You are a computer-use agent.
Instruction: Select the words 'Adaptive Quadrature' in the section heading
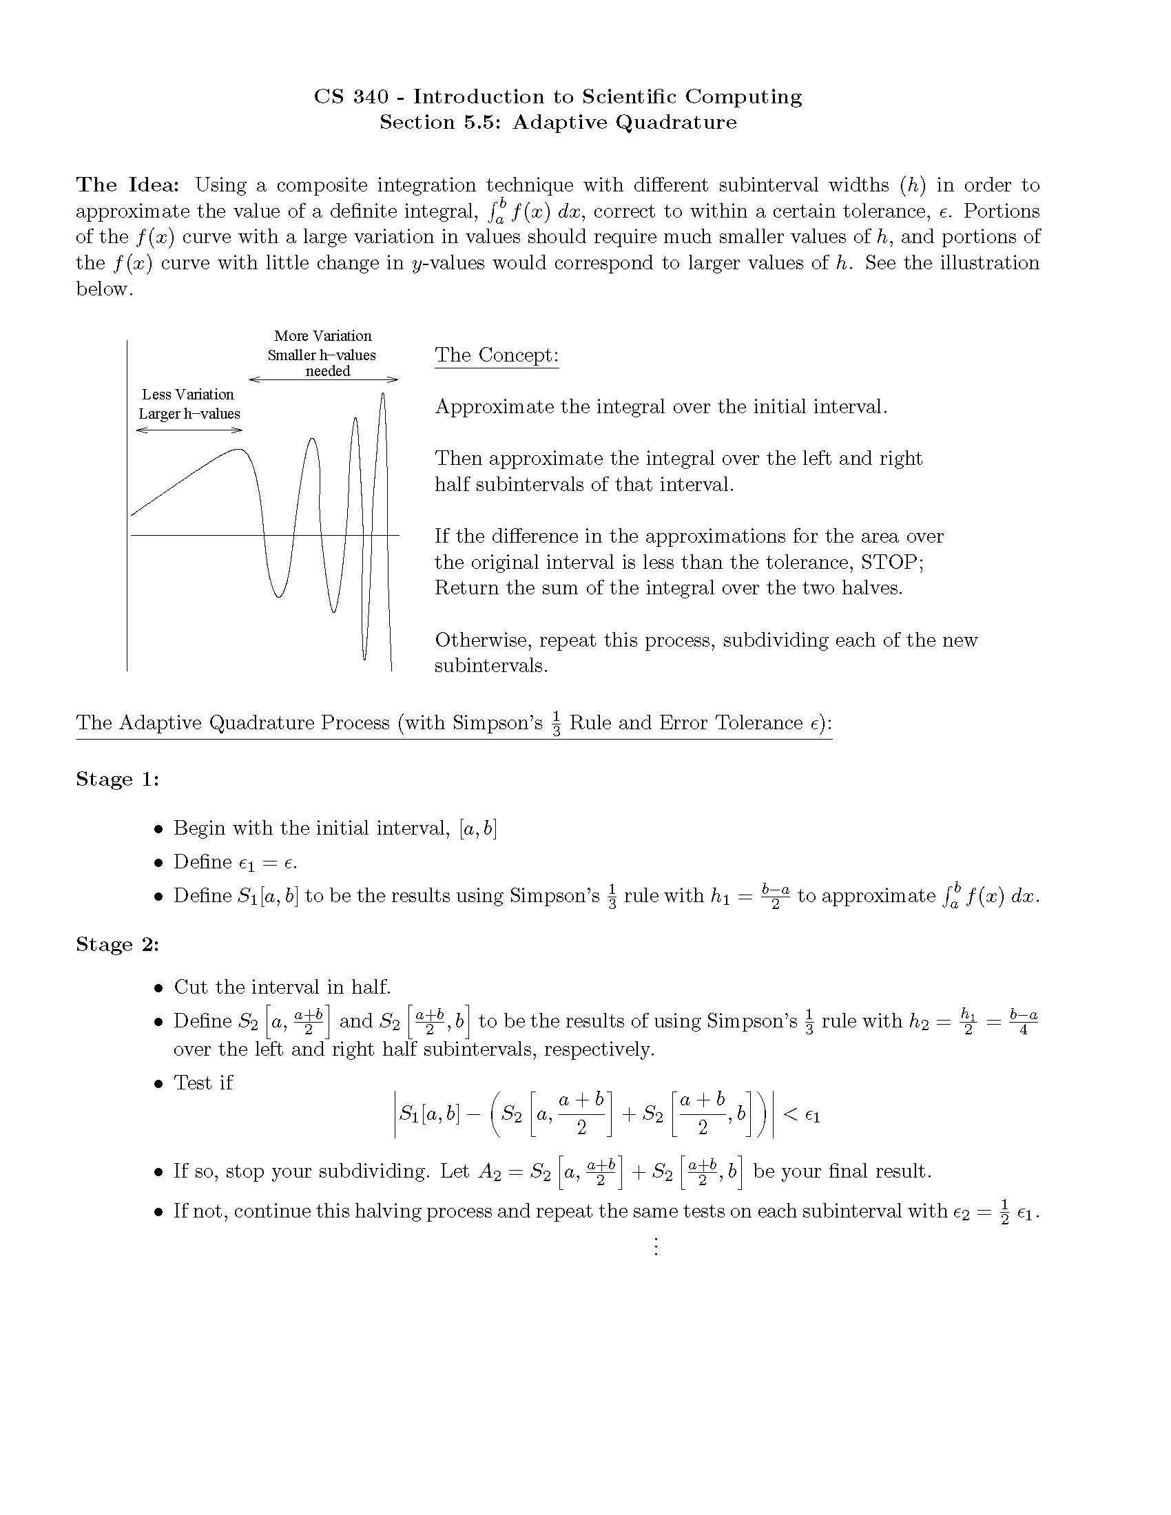click(x=624, y=123)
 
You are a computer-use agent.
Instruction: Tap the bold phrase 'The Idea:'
click(x=127, y=185)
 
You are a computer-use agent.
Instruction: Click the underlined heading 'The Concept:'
click(x=497, y=355)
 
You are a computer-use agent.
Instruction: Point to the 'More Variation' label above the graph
click(x=322, y=336)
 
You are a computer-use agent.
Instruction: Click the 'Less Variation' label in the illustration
click(x=188, y=395)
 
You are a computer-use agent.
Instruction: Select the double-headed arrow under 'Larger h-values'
click(x=189, y=430)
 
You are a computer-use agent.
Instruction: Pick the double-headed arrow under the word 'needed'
click(x=323, y=379)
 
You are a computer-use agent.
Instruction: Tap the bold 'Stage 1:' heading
click(x=117, y=780)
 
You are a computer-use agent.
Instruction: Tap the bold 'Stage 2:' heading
click(x=117, y=945)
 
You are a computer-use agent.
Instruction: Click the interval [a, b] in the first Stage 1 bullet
click(x=478, y=828)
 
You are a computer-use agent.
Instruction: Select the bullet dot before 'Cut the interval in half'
click(x=159, y=988)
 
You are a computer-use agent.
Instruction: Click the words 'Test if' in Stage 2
click(x=203, y=1083)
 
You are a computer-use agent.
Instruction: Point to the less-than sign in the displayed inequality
click(x=790, y=1115)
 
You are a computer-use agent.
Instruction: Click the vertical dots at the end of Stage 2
click(x=655, y=1246)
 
